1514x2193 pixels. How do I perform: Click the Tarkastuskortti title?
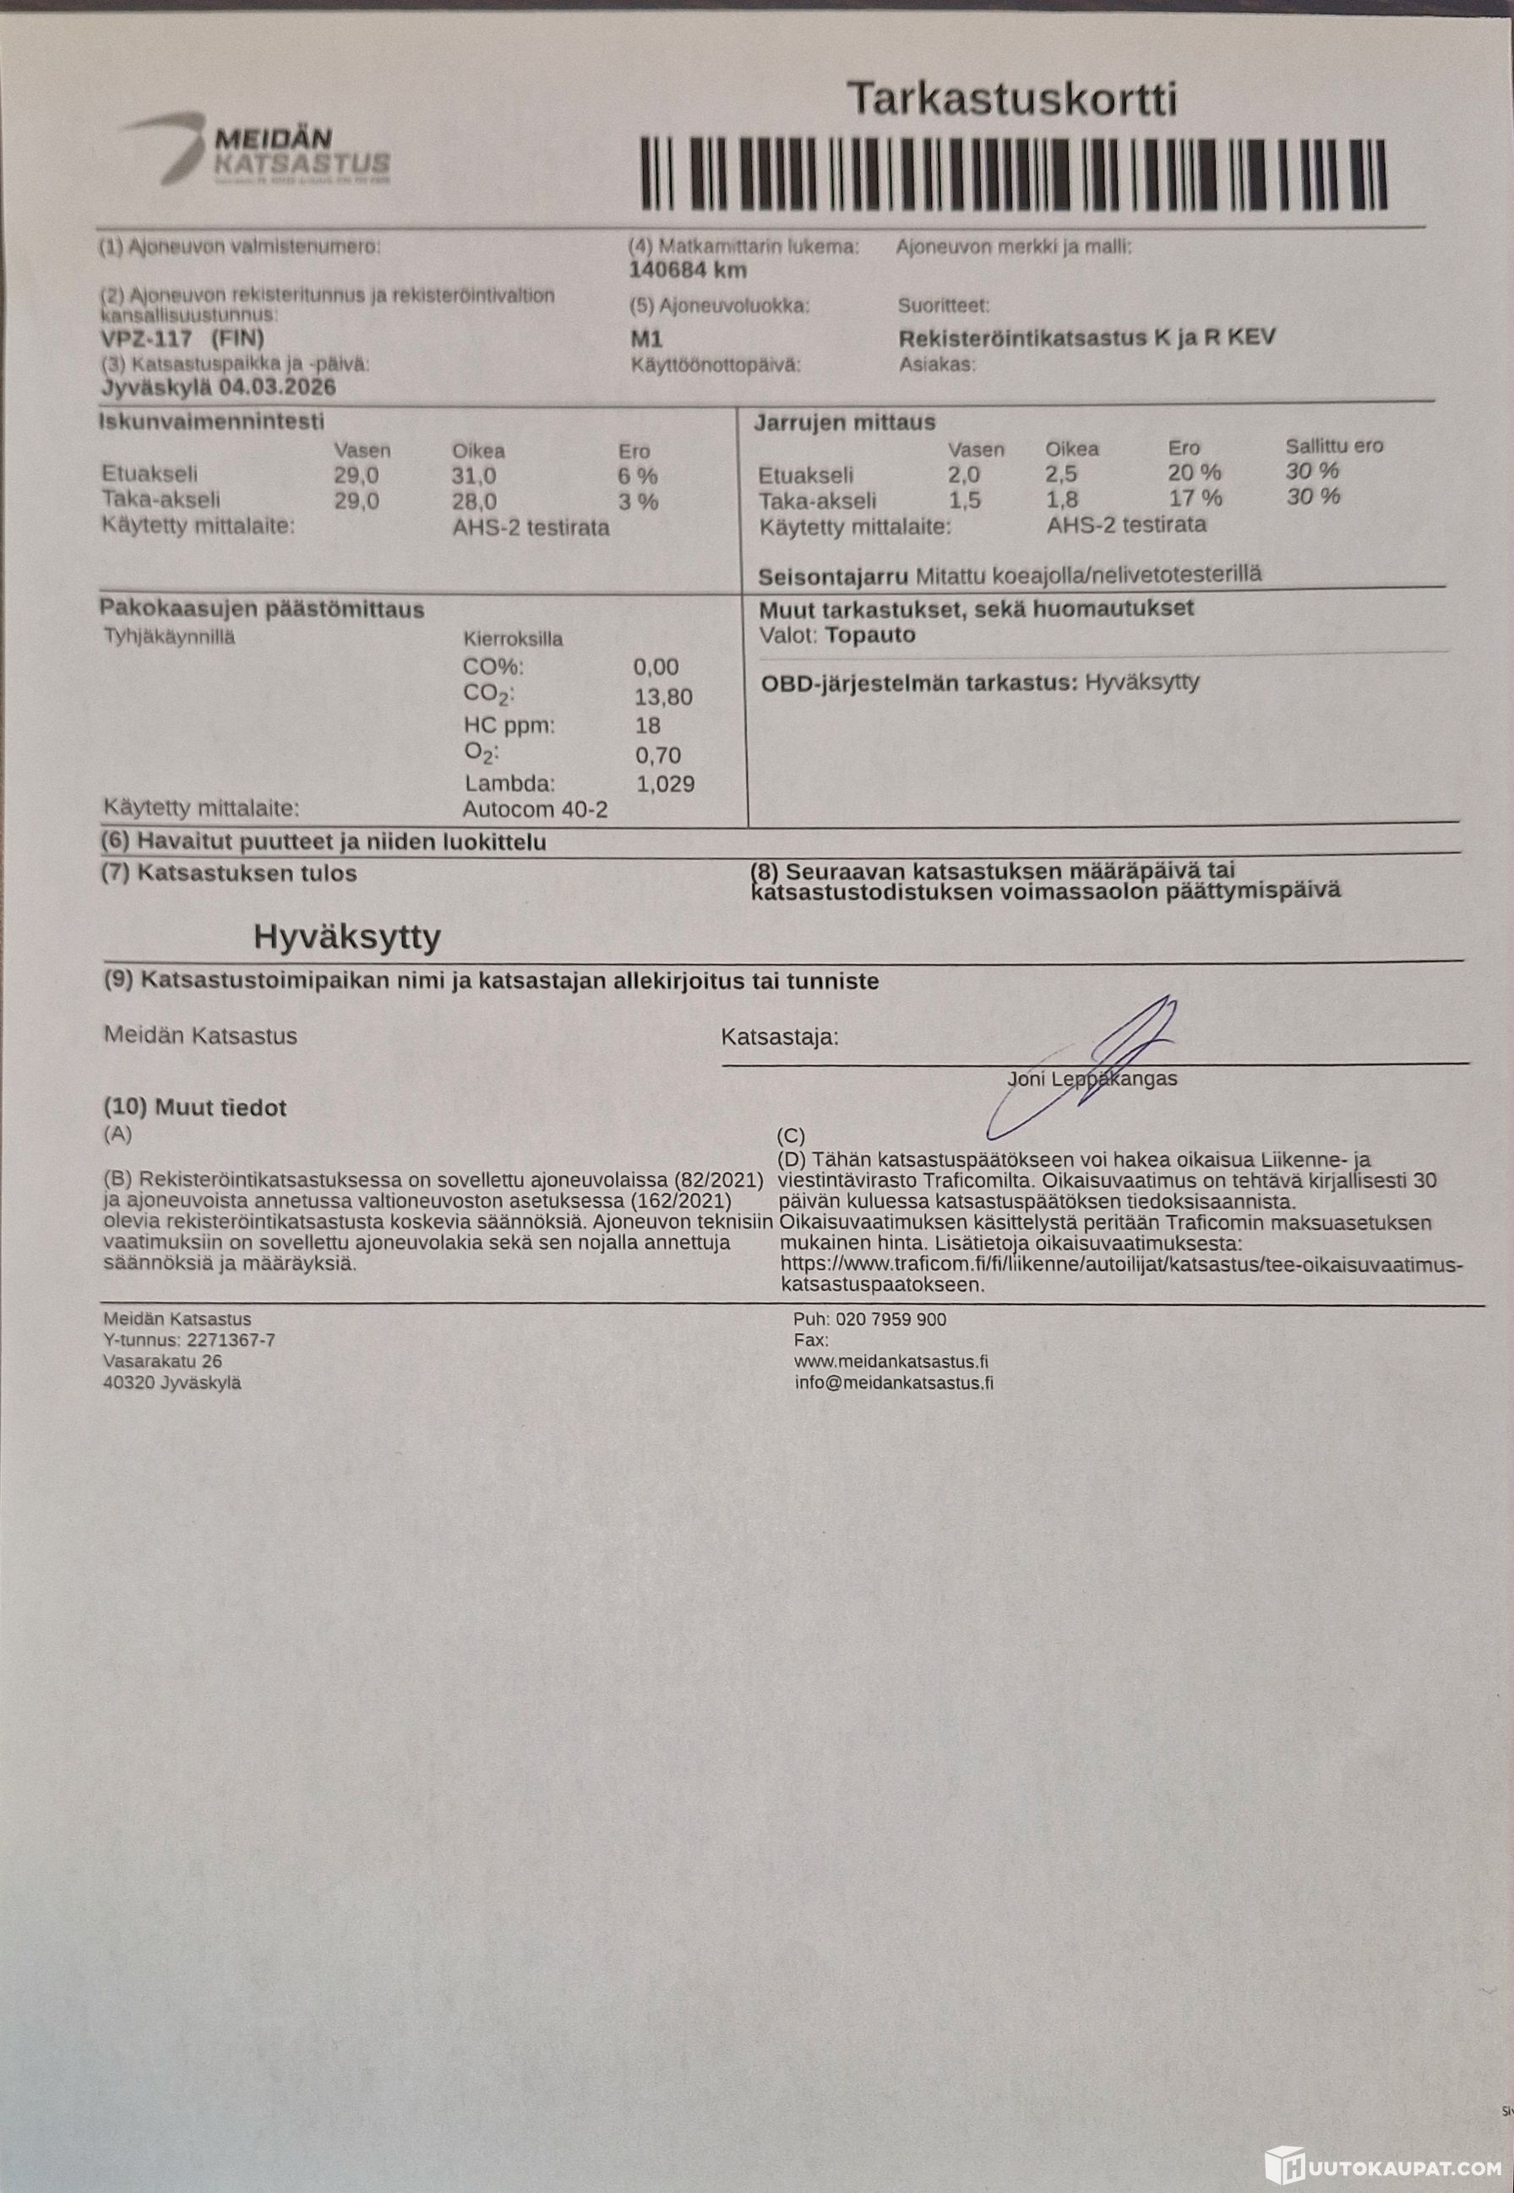[x=1011, y=100]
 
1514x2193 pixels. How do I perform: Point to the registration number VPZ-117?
[x=147, y=339]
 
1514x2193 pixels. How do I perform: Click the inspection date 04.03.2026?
[x=277, y=387]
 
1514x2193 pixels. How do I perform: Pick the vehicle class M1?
[x=646, y=339]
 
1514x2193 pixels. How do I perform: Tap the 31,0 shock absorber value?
[x=473, y=476]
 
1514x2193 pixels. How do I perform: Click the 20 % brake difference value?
[x=1195, y=472]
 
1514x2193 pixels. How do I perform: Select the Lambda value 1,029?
[x=665, y=783]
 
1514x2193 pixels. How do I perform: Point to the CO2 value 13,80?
[x=663, y=697]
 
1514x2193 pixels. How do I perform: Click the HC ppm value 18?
[x=647, y=726]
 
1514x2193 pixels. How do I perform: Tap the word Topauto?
[x=870, y=634]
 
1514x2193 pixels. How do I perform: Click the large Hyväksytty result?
[x=347, y=937]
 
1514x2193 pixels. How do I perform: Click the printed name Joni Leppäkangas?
[x=1092, y=1079]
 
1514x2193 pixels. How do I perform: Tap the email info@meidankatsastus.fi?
[x=894, y=1383]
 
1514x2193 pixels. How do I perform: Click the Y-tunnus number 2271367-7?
[x=231, y=1341]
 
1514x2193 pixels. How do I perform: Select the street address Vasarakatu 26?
[x=162, y=1361]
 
